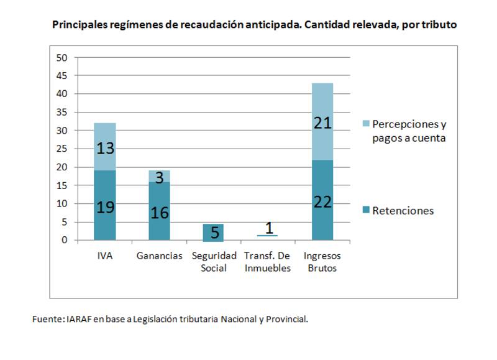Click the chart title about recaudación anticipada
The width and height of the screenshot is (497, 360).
click(255, 25)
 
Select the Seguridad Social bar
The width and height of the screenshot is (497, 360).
click(213, 232)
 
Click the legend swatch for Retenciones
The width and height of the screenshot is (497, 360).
click(367, 211)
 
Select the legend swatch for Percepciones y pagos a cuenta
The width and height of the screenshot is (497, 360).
click(367, 124)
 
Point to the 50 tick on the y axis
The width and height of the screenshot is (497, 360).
click(62, 58)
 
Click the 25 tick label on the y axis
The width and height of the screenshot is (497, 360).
click(62, 149)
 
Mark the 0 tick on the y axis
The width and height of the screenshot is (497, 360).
click(65, 241)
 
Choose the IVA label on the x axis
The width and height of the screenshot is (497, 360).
click(104, 256)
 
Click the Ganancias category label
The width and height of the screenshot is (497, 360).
click(159, 256)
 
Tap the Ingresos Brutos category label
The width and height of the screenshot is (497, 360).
click(322, 262)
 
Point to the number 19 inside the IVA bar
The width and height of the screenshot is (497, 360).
click(104, 207)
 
